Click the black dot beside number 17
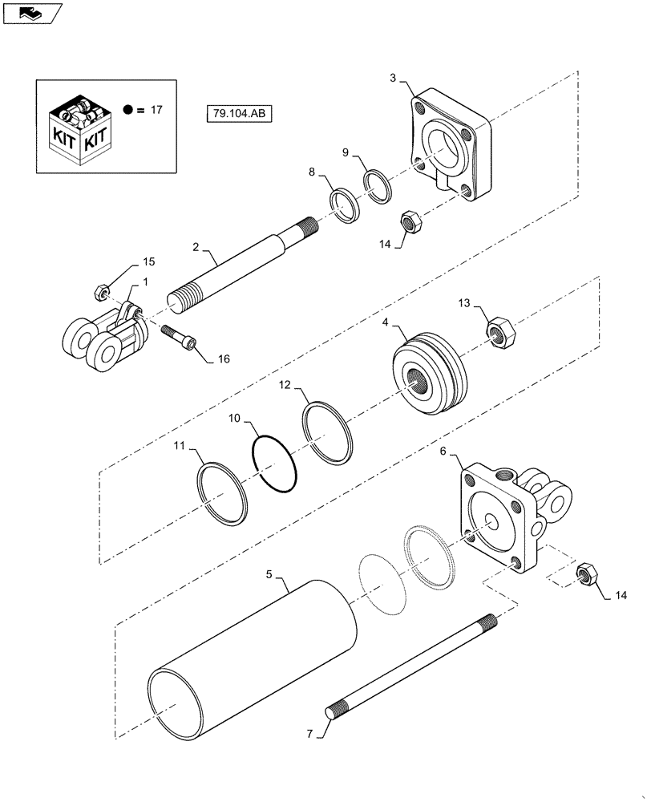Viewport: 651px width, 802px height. click(x=128, y=110)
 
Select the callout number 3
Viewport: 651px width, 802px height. click(x=393, y=78)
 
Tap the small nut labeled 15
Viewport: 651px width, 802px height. click(x=102, y=292)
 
